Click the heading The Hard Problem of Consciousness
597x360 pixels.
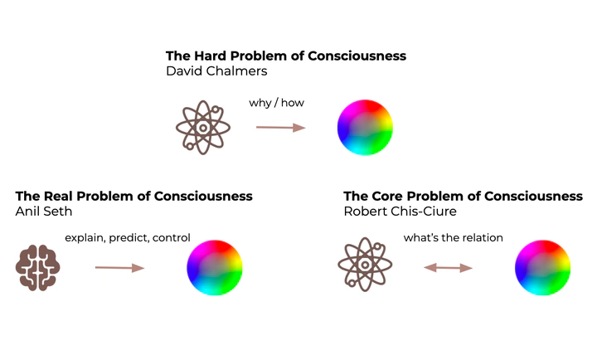[x=286, y=56]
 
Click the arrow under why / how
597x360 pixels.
[x=281, y=127]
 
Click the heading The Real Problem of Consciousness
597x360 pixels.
[x=133, y=197]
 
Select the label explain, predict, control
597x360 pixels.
[x=128, y=238]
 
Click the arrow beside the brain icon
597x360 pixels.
[x=119, y=267]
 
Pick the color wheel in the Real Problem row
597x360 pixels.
[x=215, y=267]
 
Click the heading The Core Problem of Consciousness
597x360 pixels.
[x=463, y=197]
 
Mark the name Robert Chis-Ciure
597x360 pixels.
[x=400, y=212]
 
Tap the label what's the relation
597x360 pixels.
[x=453, y=238]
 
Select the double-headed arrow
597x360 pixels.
[x=449, y=267]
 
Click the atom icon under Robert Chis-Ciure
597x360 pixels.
[x=365, y=267]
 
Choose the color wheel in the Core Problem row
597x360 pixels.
[x=542, y=267]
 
